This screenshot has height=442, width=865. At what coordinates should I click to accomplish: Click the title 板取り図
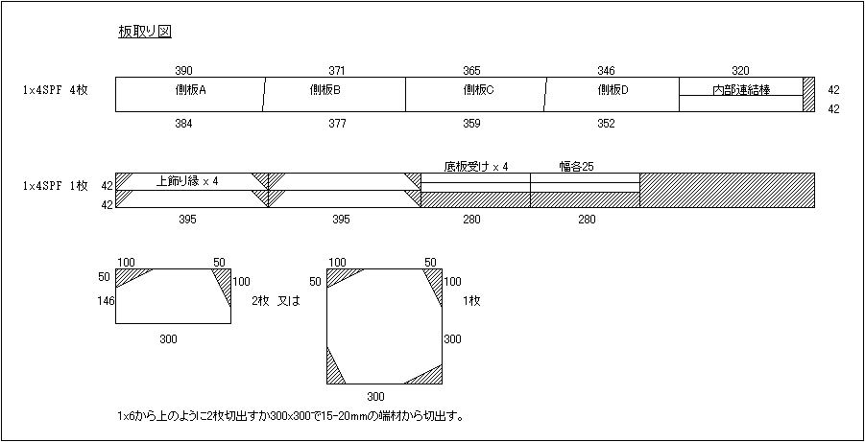[x=145, y=33]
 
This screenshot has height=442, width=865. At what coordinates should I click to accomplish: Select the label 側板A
[x=187, y=90]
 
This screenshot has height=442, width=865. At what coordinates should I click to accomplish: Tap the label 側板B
[x=324, y=90]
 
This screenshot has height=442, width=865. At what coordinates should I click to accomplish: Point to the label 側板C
[x=477, y=90]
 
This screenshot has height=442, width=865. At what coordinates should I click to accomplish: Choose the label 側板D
[x=613, y=90]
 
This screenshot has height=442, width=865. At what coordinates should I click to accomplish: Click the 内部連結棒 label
[x=741, y=89]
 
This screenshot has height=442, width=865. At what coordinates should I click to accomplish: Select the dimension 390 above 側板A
[x=183, y=71]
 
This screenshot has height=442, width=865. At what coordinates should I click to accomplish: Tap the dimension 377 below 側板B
[x=337, y=124]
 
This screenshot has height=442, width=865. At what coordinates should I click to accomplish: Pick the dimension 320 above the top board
[x=740, y=71]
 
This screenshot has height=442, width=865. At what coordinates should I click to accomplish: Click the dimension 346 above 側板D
[x=606, y=71]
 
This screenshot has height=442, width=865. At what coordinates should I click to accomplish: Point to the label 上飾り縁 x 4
[x=187, y=181]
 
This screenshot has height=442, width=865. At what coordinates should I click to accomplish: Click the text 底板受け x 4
[x=475, y=167]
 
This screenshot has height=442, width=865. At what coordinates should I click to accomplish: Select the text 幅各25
[x=576, y=167]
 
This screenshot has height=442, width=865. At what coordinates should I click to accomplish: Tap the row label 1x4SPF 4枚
[x=55, y=90]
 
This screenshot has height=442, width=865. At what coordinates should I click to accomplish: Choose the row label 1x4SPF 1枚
[x=55, y=186]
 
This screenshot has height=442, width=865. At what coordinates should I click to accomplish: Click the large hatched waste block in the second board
[x=727, y=190]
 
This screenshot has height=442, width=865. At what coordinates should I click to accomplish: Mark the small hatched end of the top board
[x=808, y=95]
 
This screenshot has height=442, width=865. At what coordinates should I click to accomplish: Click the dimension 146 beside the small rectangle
[x=106, y=300]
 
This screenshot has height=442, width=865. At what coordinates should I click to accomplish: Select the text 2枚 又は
[x=276, y=301]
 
